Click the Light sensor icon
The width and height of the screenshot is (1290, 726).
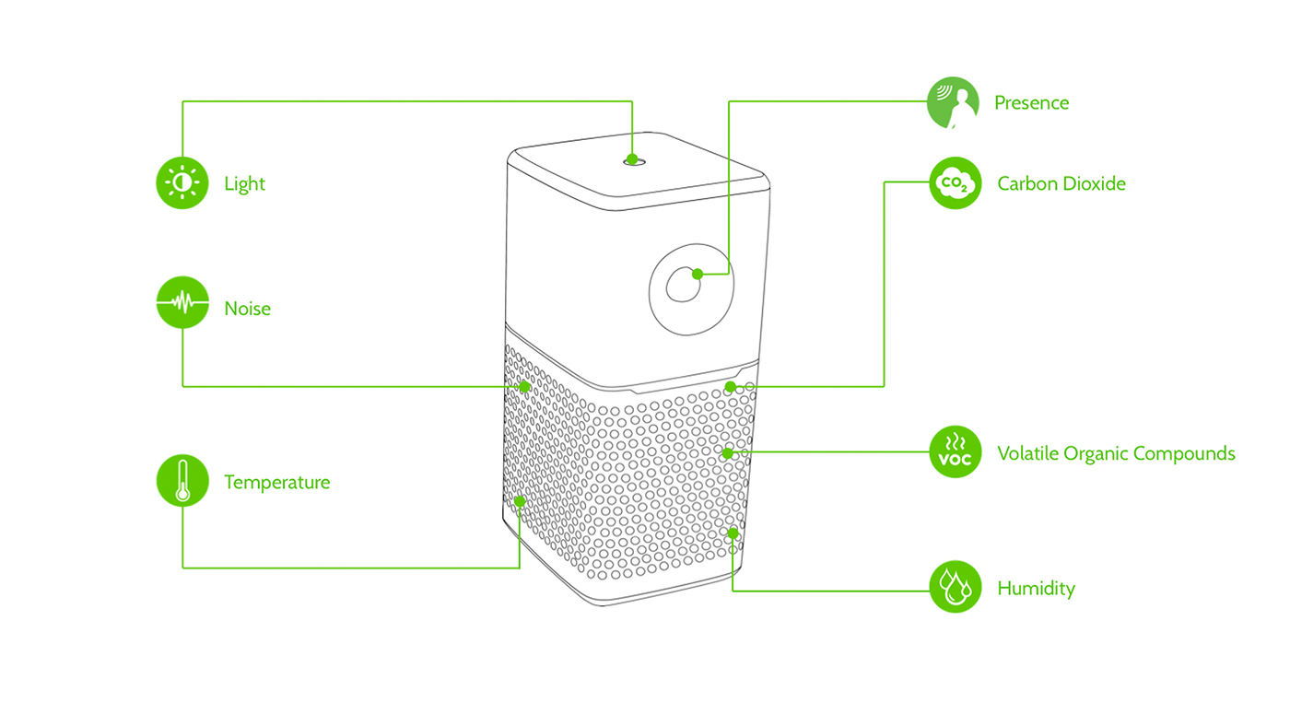[x=182, y=182]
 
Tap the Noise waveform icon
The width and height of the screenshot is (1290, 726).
[x=182, y=301]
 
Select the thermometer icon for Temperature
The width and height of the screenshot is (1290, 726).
[x=182, y=481]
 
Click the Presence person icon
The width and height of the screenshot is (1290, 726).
[x=953, y=102]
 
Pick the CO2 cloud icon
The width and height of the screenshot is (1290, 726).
[x=956, y=182]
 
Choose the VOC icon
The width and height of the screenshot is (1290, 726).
[x=956, y=452]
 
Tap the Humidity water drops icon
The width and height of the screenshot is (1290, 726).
[x=956, y=587]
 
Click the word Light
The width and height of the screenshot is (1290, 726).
[x=244, y=183]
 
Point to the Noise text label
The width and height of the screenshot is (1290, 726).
[x=247, y=308]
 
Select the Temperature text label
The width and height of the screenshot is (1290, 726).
[x=276, y=482]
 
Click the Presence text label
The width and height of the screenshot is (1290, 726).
[x=1031, y=102]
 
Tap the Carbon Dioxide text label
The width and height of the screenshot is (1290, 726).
[x=1061, y=183]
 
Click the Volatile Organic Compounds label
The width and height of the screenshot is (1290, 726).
[x=1116, y=453]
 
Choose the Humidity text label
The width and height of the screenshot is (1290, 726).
[x=1036, y=588]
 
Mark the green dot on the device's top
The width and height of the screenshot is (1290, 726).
[x=632, y=158]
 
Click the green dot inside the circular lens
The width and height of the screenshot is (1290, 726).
[x=698, y=274]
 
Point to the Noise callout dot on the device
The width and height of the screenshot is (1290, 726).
[x=524, y=386]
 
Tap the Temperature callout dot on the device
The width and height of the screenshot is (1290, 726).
[x=520, y=501]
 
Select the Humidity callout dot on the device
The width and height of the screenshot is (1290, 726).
[x=733, y=533]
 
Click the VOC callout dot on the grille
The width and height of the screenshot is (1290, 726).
[x=727, y=452]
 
